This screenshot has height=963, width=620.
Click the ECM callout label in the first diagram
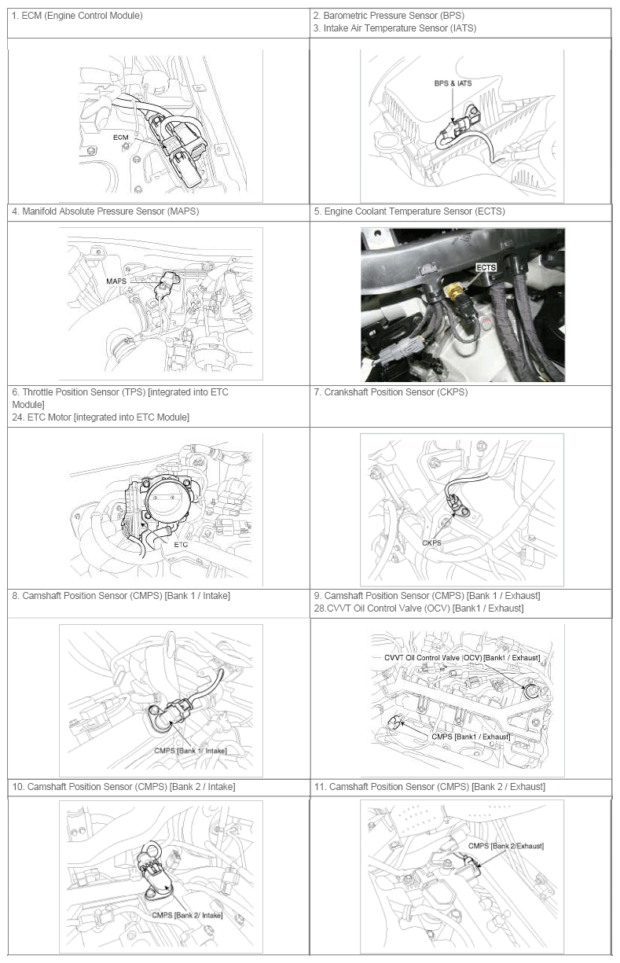tap(121, 138)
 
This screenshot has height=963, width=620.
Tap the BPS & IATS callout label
tap(453, 83)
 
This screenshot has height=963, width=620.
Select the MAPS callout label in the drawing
tap(116, 281)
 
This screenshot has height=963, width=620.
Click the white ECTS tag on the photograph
tap(486, 267)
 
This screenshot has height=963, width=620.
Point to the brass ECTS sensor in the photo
tap(452, 291)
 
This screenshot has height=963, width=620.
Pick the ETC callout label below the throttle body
tap(181, 545)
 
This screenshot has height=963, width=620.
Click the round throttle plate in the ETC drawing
tap(167, 502)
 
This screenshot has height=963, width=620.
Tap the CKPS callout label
tap(432, 543)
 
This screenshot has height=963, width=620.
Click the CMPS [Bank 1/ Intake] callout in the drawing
tap(190, 751)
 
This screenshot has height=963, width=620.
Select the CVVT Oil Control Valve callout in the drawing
tap(462, 658)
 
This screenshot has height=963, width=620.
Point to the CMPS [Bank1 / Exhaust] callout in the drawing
tap(471, 737)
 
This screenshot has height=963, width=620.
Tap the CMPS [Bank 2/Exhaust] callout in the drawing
tap(506, 846)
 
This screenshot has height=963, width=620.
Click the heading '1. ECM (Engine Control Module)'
tap(77, 16)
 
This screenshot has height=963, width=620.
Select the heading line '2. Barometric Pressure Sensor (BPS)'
tap(389, 16)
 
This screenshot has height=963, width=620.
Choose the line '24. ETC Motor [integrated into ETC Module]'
tap(101, 417)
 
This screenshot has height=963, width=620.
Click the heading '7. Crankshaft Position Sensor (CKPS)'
tap(391, 392)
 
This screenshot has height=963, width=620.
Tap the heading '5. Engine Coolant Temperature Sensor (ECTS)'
tap(409, 211)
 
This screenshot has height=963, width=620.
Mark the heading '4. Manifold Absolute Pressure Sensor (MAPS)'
tap(105, 211)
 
